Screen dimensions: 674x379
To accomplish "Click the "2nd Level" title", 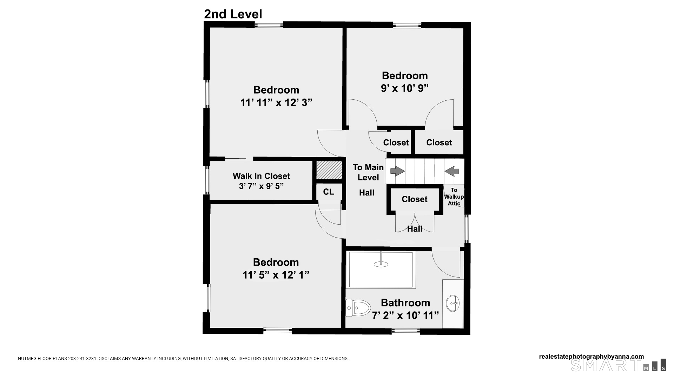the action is tap(233, 14).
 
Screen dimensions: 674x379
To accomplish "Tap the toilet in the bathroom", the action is tap(358, 307).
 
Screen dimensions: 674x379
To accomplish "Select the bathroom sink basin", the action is tap(453, 304).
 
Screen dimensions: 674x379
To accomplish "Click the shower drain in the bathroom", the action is tap(381, 264).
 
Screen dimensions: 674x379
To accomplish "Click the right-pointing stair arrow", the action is tap(398, 171).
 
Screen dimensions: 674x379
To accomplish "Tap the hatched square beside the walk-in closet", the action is tap(329, 170).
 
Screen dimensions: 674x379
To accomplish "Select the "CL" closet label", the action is tap(329, 192).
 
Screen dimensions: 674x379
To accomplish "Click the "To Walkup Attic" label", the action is tap(454, 197).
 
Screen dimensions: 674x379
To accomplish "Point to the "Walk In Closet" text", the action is tap(261, 176).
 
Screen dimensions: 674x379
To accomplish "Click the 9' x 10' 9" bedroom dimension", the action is tap(405, 88).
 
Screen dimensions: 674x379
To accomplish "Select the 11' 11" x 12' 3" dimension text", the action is tap(276, 102).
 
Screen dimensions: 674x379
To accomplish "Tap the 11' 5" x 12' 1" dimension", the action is tap(276, 275).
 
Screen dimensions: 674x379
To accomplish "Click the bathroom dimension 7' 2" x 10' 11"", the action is tap(405, 315).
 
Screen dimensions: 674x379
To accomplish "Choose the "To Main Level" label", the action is tap(368, 172).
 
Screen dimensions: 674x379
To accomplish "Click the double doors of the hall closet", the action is tap(415, 222).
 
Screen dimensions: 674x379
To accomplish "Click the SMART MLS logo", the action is tap(618, 365).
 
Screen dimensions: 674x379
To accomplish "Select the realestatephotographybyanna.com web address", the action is tap(592, 357).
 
